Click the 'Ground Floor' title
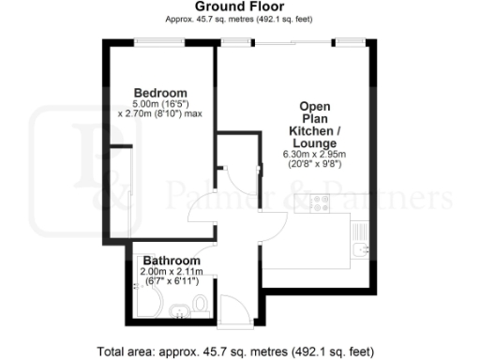(240, 7)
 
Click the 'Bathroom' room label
(171, 261)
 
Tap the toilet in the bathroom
(201, 304)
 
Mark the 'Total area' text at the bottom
(240, 352)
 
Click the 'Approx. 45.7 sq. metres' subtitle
(240, 19)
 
